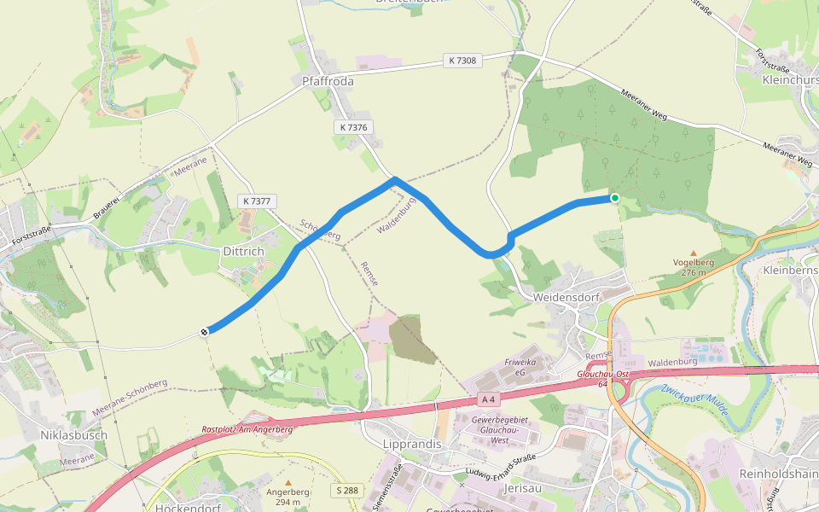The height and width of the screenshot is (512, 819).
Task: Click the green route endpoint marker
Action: pos(614,198)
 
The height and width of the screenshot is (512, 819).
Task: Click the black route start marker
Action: pos(205,332)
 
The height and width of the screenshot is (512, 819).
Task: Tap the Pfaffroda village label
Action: pos(328,82)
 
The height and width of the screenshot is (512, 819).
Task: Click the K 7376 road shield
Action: pos(353,127)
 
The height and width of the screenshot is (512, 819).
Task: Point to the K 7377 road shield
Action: pos(256,201)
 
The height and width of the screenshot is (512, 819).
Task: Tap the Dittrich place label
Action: pos(243,253)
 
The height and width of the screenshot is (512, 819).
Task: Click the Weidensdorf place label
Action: pos(566,297)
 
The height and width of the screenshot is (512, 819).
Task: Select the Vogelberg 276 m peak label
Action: pos(693,267)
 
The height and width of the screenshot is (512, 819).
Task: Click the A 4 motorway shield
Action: pos(487,399)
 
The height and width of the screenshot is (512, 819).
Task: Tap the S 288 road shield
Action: pos(347,491)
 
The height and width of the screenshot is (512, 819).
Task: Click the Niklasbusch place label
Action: pos(73,435)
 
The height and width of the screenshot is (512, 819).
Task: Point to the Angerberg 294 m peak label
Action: pos(288,497)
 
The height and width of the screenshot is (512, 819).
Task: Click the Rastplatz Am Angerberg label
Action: pos(247,429)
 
